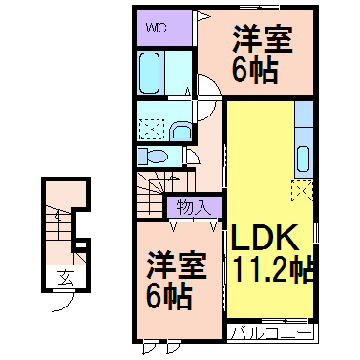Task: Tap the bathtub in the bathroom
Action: click(x=152, y=71)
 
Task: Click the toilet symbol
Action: click(x=152, y=155)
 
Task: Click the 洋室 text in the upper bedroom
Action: click(x=261, y=42)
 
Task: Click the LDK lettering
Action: click(x=261, y=236)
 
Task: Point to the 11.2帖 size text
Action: click(x=270, y=269)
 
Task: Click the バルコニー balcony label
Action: click(x=272, y=334)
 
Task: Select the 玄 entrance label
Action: click(x=64, y=279)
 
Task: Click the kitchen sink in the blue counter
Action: click(x=304, y=158)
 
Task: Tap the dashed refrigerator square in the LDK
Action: click(x=303, y=191)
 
